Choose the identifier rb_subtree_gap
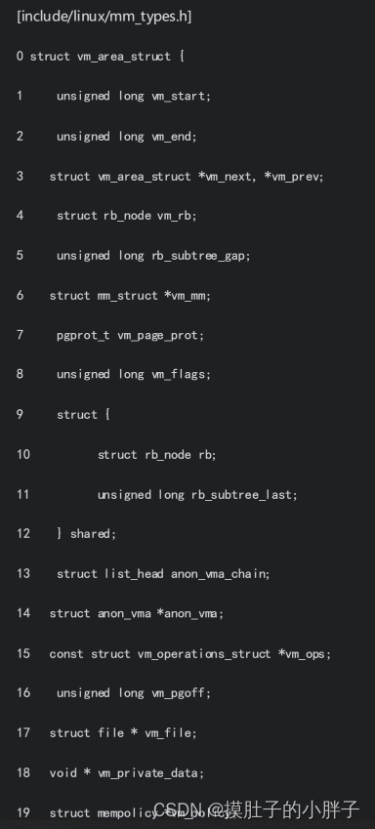tap(202, 255)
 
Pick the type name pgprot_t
tap(84, 335)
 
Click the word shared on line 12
tap(93, 534)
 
